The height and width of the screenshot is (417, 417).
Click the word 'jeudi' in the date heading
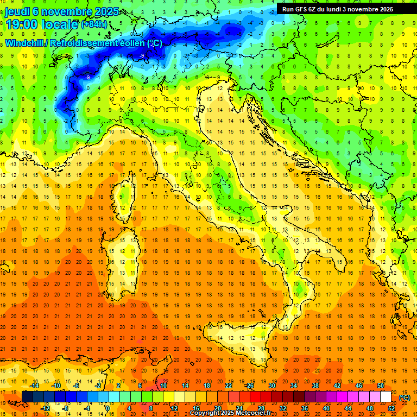[x=18, y=11]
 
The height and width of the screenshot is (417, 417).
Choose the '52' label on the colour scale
[x=391, y=408]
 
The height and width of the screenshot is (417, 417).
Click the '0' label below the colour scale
[x=108, y=408]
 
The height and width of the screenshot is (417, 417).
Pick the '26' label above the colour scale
[x=250, y=386]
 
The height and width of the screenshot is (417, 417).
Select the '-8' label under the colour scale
[x=66, y=408]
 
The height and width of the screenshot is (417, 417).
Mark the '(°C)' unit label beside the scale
[x=405, y=397]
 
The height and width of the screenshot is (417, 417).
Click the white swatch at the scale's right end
[x=386, y=397]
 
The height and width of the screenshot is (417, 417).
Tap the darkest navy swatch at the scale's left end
[x=27, y=397]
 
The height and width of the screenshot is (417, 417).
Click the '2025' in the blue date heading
[x=123, y=11]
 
